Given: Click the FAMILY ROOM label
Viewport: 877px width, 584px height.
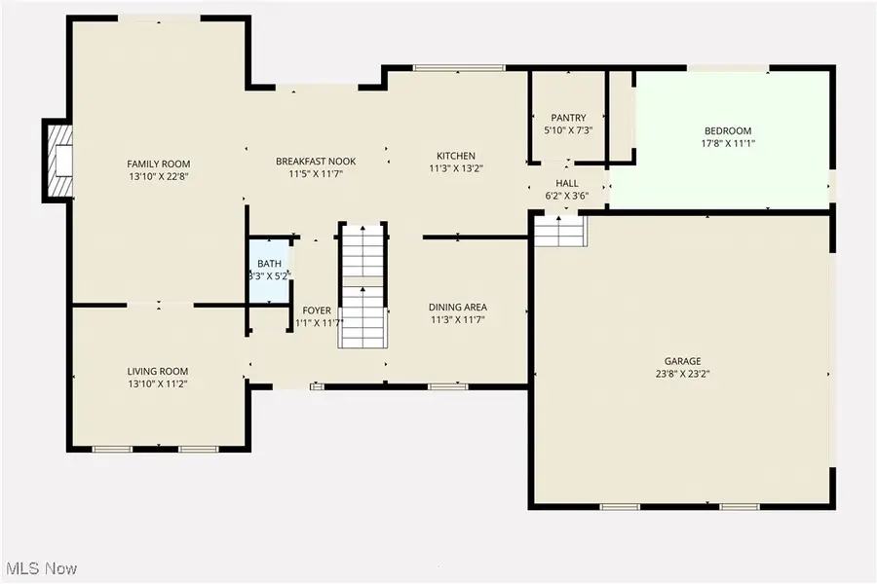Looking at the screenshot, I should click(x=159, y=164).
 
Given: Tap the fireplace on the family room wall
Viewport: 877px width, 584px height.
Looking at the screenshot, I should click(x=59, y=162).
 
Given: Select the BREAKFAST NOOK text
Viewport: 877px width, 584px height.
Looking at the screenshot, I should click(x=316, y=162).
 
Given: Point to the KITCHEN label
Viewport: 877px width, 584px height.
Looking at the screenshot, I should click(x=456, y=156).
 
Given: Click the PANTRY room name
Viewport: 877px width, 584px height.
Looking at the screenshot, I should click(x=567, y=118).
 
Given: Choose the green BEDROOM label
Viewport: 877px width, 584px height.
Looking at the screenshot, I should click(x=728, y=131).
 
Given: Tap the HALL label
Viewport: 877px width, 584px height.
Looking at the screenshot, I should click(x=567, y=183).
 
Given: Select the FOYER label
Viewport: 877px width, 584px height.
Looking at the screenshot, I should click(x=317, y=310).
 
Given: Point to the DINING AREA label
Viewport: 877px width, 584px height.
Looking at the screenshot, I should click(x=457, y=308).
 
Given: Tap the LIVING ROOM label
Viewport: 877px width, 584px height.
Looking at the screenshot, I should click(x=158, y=371).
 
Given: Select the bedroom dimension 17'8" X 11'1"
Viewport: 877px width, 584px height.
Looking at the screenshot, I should click(x=728, y=144).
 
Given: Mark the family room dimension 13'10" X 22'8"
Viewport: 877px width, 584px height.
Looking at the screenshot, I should click(x=159, y=176).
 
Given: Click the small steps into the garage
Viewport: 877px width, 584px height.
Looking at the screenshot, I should click(x=560, y=232).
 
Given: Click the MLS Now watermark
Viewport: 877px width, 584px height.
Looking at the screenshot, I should click(x=42, y=567).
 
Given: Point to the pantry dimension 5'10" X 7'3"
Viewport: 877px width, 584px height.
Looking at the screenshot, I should click(x=567, y=129).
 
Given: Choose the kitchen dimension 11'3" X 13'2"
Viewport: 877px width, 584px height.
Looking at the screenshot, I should click(x=456, y=168).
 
